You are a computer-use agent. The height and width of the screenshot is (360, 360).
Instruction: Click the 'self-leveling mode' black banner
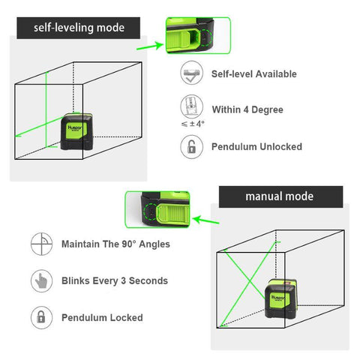click(79, 28)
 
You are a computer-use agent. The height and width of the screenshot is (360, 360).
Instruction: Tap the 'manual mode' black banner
click(280, 197)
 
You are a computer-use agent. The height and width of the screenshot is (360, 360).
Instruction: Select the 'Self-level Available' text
click(254, 74)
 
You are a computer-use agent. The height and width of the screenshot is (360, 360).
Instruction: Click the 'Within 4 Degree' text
click(247, 109)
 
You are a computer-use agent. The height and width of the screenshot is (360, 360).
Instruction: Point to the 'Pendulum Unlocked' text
click(257, 146)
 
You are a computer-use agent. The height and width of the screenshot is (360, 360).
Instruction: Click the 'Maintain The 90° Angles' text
click(115, 244)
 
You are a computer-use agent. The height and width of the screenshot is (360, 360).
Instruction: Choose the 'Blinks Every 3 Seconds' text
click(115, 280)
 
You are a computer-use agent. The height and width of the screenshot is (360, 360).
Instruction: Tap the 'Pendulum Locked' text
click(102, 317)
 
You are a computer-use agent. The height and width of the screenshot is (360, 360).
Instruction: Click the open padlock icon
click(191, 146)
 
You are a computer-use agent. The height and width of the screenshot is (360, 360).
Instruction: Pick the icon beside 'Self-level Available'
click(191, 74)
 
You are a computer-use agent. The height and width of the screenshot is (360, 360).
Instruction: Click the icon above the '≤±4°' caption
click(191, 105)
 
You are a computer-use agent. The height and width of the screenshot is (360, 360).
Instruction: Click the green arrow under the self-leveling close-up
click(148, 45)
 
